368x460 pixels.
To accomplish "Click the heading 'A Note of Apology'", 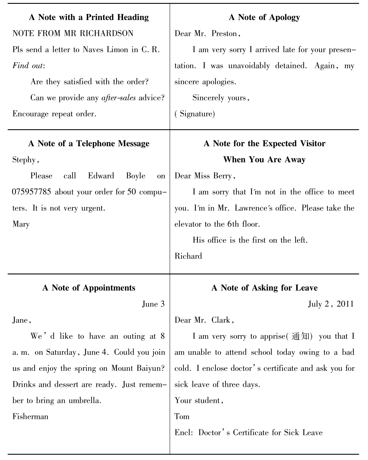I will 264,17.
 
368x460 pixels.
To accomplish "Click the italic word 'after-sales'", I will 118,98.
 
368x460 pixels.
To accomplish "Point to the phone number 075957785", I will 32,192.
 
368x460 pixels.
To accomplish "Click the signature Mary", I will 21,224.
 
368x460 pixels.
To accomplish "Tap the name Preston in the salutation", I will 224,33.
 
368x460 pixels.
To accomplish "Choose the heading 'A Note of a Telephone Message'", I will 89,144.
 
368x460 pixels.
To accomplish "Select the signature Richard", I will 188,256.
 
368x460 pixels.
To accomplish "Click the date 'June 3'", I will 153,304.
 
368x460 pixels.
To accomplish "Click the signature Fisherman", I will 30,416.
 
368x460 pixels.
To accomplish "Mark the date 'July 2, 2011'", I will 331,304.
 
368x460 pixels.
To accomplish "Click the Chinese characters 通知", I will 300,336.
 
